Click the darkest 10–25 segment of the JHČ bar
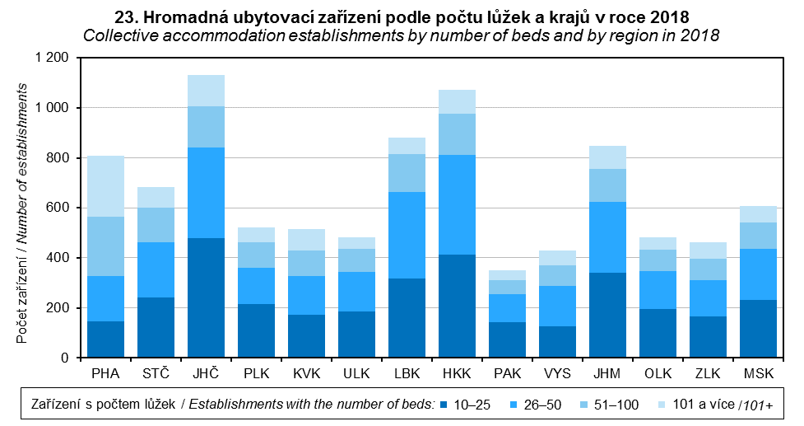pos(207,297)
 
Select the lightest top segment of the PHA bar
pos(106,186)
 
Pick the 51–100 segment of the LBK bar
pos(407,173)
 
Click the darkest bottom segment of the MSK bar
pos(758,329)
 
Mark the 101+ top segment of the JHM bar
pos(607,157)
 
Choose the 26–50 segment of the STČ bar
pos(156,269)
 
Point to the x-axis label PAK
pos(507,374)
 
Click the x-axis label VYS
pos(557,374)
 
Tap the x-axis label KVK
pos(307,374)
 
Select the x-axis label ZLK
pos(708,374)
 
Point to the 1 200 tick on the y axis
pos(52,58)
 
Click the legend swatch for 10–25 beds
pos(444,405)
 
